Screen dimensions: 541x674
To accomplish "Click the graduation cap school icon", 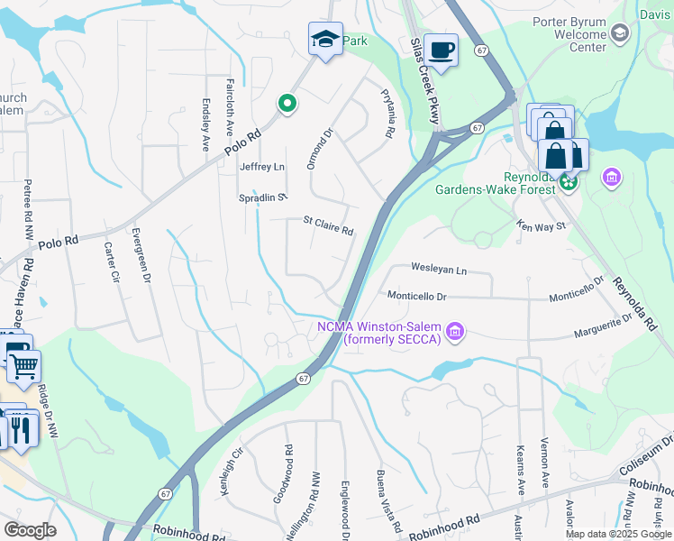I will [x=325, y=39].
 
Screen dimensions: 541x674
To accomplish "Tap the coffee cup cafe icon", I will [x=441, y=50].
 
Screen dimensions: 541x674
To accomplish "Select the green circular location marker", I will [x=287, y=105].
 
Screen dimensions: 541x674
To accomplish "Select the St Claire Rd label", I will [x=328, y=225].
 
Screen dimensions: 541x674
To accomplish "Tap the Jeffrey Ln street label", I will [x=261, y=167].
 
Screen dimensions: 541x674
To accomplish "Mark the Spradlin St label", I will [x=262, y=197].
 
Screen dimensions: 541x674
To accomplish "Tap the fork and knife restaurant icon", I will [x=21, y=427].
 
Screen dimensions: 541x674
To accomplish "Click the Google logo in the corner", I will [x=30, y=529].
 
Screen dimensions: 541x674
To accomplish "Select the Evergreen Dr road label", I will [x=141, y=256].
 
